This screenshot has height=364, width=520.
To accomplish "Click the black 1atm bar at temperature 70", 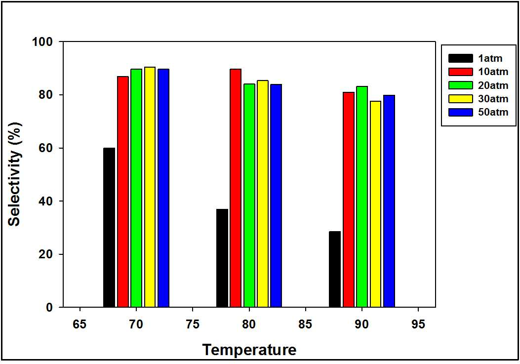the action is (x=109, y=227).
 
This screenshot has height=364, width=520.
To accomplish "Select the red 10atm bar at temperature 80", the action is (x=236, y=188).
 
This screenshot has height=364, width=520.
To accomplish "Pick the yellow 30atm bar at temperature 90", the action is (x=375, y=204).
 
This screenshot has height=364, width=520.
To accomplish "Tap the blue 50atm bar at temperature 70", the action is (x=163, y=188).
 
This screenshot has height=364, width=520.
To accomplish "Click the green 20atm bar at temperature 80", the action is (x=249, y=196).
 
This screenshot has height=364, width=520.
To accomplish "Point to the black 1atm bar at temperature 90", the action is (x=335, y=269).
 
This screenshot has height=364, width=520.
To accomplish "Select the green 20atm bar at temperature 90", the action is (x=362, y=197).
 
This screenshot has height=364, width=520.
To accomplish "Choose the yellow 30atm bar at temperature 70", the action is (x=150, y=187).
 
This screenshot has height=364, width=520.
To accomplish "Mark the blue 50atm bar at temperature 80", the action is (x=276, y=196).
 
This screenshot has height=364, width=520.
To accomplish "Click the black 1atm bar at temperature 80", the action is (x=222, y=258).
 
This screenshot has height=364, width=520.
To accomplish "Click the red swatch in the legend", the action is (x=461, y=72).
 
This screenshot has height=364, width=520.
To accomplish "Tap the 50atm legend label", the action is (x=493, y=112).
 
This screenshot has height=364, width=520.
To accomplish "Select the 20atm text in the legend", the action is (x=493, y=85).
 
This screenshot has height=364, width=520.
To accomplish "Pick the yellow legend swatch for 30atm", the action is (x=461, y=99).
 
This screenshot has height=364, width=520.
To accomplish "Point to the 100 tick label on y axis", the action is (x=42, y=42).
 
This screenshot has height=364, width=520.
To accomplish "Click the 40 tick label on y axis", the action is (x=46, y=201).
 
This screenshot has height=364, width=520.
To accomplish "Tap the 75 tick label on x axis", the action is (x=193, y=324).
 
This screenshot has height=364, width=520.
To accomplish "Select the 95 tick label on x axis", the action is (x=418, y=324).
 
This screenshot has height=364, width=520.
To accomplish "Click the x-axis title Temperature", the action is (x=249, y=350).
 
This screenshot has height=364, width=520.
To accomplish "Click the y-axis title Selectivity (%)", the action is (x=15, y=174).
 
